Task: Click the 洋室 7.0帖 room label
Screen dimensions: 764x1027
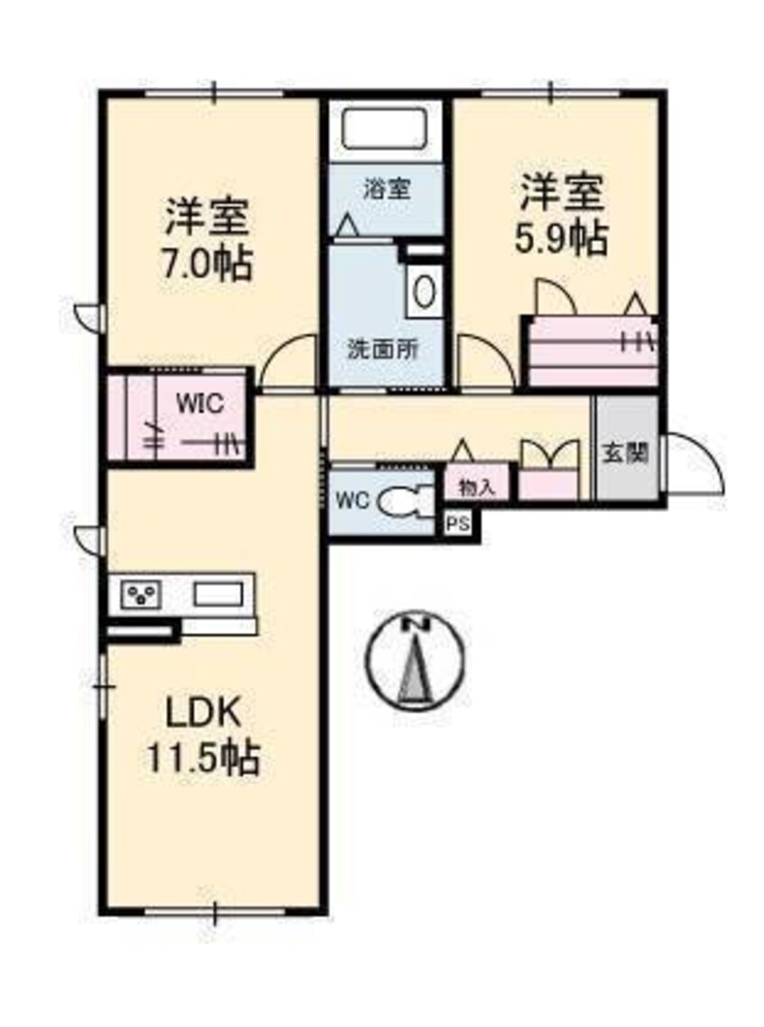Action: pyautogui.click(x=207, y=240)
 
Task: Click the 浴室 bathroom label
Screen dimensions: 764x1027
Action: pyautogui.click(x=387, y=189)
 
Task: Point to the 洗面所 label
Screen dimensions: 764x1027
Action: pyautogui.click(x=382, y=350)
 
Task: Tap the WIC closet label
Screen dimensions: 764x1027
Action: pyautogui.click(x=200, y=404)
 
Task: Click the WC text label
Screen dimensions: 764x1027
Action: pyautogui.click(x=353, y=501)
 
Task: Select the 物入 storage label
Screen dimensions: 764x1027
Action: pyautogui.click(x=477, y=487)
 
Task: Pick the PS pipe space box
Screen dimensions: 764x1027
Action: pyautogui.click(x=459, y=525)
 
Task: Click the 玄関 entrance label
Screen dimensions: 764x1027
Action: pyautogui.click(x=625, y=453)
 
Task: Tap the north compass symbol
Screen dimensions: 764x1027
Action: pyautogui.click(x=415, y=660)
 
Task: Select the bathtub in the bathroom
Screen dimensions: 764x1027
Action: pyautogui.click(x=385, y=129)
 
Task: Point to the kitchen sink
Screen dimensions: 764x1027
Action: pyautogui.click(x=218, y=594)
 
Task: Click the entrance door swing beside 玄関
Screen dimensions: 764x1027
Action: pyautogui.click(x=694, y=462)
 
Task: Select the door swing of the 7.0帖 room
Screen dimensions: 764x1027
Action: pyautogui.click(x=288, y=364)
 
